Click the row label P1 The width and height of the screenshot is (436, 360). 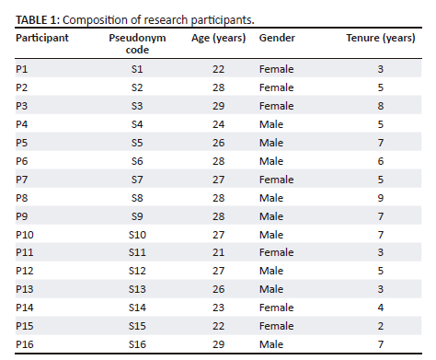[x=23, y=69]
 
